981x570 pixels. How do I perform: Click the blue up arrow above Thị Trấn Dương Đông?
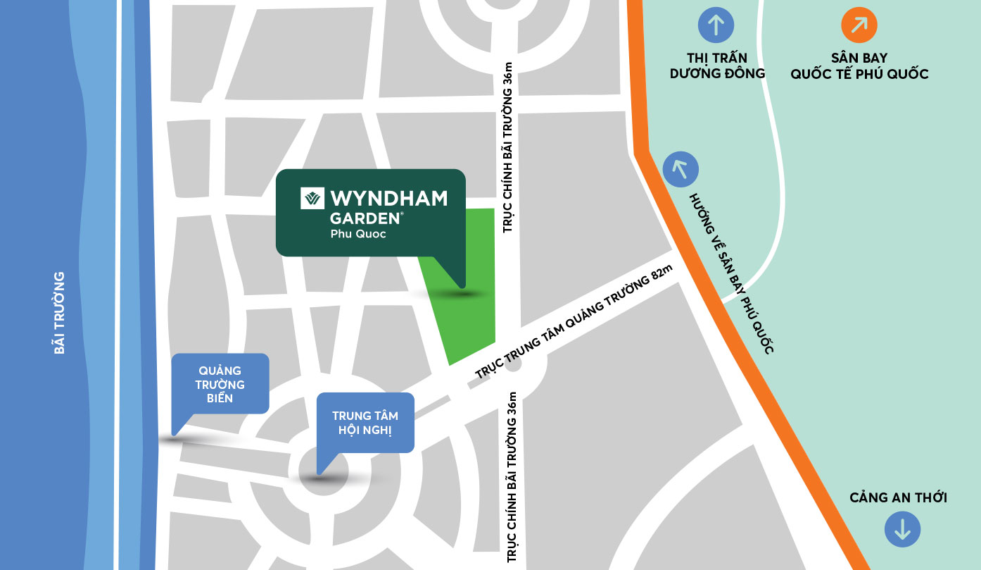click(716, 25)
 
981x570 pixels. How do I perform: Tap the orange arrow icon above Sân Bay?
click(859, 25)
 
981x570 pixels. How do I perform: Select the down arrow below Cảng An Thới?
click(902, 528)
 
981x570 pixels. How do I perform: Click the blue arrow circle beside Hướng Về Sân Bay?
click(681, 169)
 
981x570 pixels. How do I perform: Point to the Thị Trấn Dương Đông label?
click(717, 66)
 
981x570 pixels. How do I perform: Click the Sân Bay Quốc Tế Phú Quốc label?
click(859, 66)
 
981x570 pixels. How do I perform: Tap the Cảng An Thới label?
click(898, 498)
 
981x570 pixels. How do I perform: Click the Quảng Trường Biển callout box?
click(220, 384)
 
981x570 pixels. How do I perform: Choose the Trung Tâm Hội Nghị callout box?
click(365, 423)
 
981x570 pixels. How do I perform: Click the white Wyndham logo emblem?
click(312, 198)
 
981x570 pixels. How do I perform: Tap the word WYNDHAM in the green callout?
click(388, 198)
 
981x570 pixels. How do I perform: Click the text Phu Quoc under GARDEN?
click(358, 235)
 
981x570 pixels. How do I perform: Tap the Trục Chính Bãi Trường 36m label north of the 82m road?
click(510, 147)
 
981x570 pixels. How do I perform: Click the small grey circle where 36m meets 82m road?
click(513, 366)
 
